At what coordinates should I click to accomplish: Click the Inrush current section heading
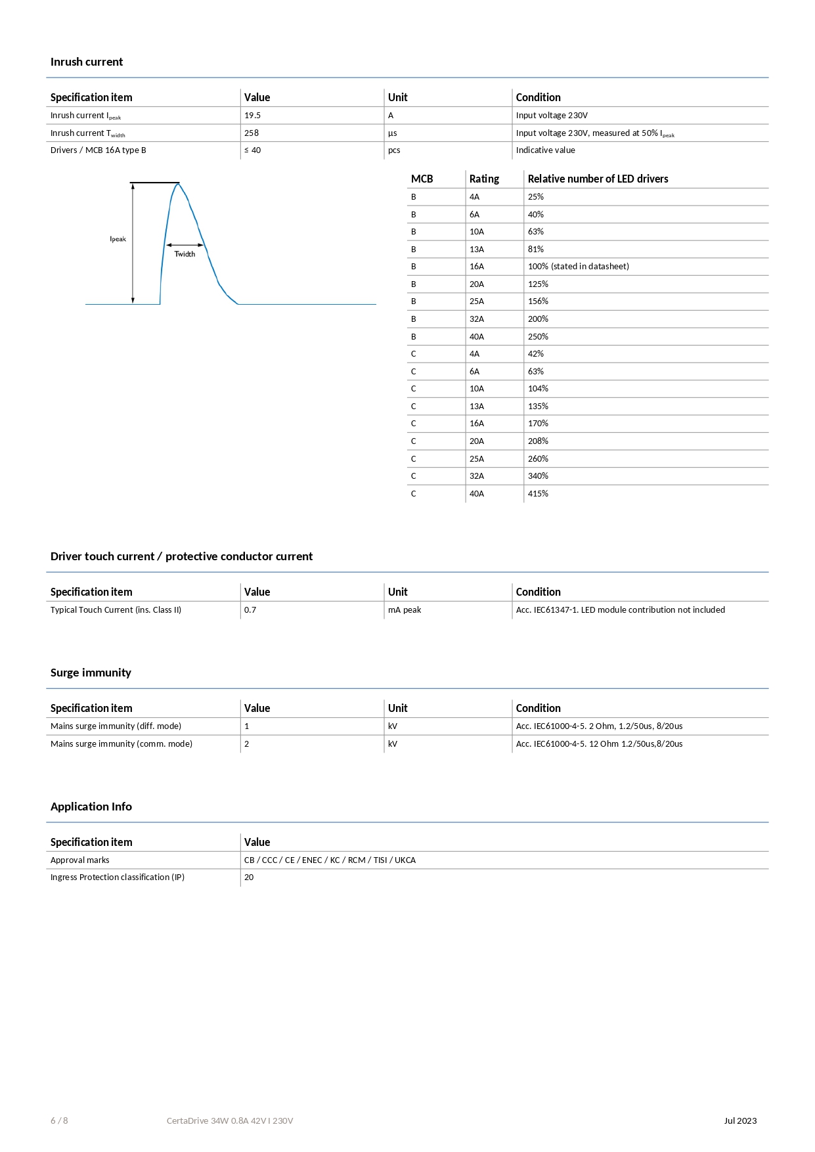point(87,62)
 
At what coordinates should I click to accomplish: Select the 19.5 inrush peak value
point(252,116)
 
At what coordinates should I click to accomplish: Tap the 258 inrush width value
point(252,133)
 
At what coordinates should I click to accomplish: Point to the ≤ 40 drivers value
point(253,150)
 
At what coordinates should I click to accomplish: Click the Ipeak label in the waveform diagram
point(118,239)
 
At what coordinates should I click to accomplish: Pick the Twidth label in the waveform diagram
point(185,254)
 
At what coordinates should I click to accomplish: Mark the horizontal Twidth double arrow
point(185,245)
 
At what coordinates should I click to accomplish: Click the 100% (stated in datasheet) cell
point(578,267)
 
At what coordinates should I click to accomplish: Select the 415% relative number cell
point(538,494)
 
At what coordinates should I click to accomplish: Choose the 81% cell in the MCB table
point(536,250)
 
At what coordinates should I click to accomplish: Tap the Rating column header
point(484,179)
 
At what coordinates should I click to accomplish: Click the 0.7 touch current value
point(250,610)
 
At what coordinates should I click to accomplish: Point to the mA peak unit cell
point(405,610)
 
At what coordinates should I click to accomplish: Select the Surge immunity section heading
point(91,673)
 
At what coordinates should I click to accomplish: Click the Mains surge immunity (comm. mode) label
point(121,744)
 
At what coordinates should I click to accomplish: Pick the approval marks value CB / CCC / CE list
point(330,860)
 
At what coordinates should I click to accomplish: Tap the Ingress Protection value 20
point(249,877)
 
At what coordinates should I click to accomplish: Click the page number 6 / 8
point(59,1120)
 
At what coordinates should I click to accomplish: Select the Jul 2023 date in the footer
point(740,1120)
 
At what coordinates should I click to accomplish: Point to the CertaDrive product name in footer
point(230,1120)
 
